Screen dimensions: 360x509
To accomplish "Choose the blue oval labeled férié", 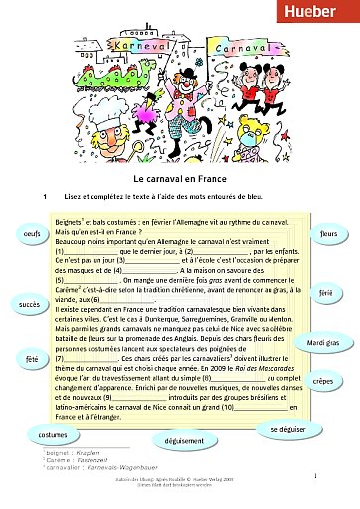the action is (x=325, y=295).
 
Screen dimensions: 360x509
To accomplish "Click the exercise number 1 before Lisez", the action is (x=46, y=197).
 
